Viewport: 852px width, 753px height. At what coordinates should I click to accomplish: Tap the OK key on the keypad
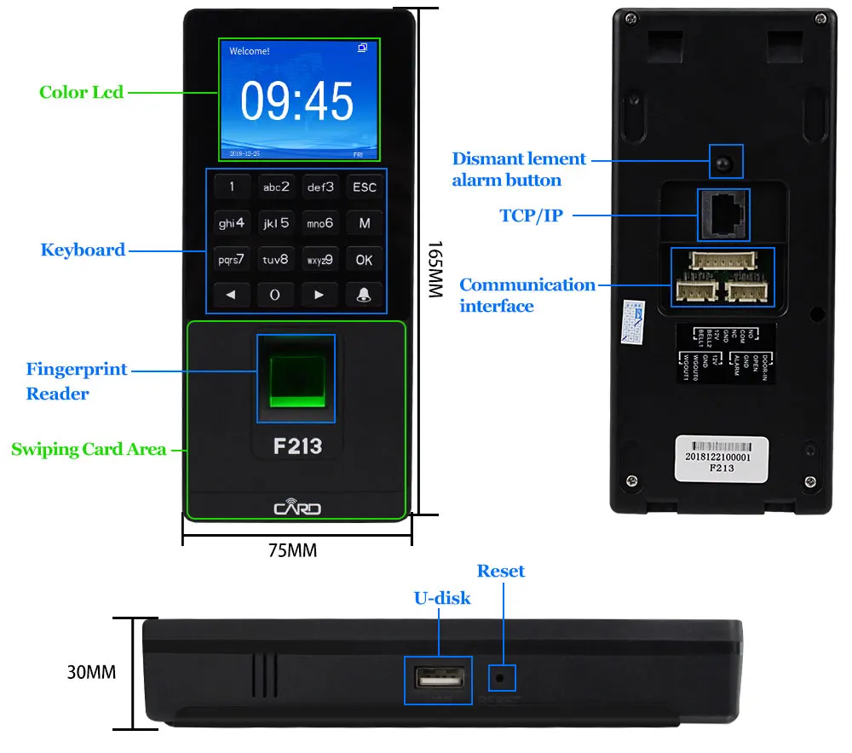365,260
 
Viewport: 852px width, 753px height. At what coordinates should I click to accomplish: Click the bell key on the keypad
365,295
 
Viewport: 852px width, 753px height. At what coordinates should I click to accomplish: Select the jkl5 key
275,223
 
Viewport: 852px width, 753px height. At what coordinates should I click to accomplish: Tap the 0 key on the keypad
275,295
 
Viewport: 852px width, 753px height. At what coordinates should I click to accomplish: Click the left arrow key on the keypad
231,295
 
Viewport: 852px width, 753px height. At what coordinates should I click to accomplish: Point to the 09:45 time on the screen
296,102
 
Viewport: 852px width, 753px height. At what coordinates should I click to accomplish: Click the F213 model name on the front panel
296,445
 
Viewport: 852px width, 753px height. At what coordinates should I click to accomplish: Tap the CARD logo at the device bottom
297,509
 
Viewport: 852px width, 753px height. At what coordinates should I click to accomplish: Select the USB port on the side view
438,679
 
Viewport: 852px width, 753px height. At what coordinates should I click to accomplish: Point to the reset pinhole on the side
500,679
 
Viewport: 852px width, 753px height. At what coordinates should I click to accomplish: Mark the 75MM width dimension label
293,551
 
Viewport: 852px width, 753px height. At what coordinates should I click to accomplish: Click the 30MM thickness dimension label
91,672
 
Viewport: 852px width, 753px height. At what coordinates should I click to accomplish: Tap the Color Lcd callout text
82,92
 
